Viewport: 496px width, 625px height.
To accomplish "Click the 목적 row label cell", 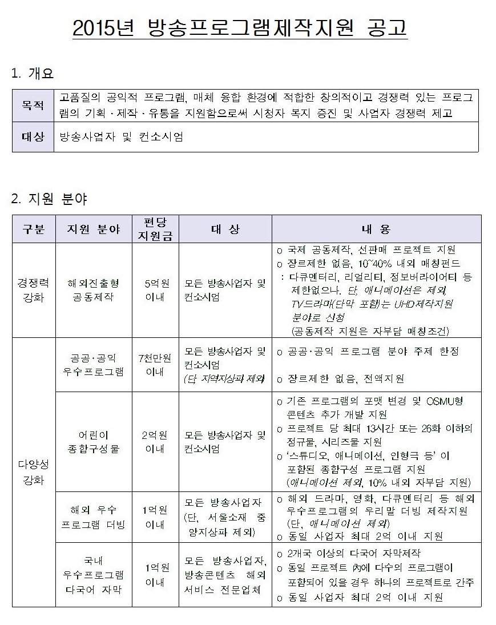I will click(x=33, y=105).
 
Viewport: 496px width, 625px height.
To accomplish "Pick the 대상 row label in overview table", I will click(x=33, y=138).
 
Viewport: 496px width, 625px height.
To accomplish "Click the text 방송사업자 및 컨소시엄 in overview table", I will click(x=121, y=138).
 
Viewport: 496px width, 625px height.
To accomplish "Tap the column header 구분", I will click(x=34, y=229).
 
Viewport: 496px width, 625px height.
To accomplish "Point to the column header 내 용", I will click(x=376, y=229).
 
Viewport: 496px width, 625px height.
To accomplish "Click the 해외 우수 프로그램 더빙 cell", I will click(x=93, y=517).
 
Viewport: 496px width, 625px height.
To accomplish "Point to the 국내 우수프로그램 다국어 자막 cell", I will click(x=93, y=575).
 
